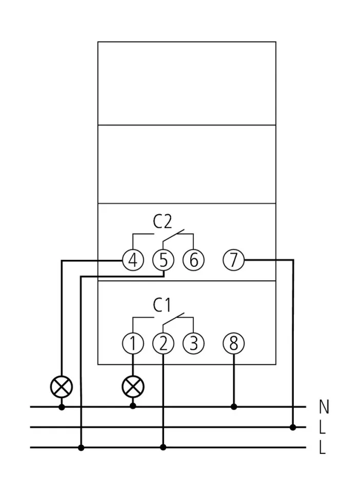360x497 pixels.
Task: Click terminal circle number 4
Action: (x=133, y=261)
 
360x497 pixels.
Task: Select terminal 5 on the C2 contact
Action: (x=163, y=261)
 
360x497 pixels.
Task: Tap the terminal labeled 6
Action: (x=193, y=261)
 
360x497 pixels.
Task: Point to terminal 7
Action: (x=234, y=261)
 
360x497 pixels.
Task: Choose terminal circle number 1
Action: (x=133, y=344)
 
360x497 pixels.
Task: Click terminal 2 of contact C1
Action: (x=163, y=344)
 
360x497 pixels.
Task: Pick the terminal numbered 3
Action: (x=193, y=344)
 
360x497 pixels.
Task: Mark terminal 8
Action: (x=234, y=344)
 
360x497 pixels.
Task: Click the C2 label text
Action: (x=163, y=222)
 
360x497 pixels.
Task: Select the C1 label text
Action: (x=162, y=305)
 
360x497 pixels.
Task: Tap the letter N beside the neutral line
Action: (x=324, y=407)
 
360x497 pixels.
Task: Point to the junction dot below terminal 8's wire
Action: (x=234, y=407)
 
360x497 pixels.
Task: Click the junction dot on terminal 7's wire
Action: (x=293, y=427)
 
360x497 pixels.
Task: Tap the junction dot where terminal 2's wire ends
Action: (x=163, y=447)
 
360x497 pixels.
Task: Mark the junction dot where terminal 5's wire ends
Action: (x=82, y=447)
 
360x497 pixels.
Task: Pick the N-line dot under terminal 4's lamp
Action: (x=62, y=407)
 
